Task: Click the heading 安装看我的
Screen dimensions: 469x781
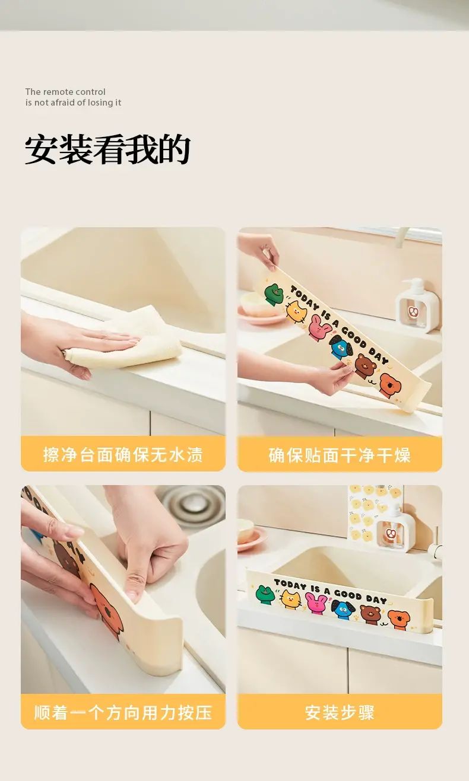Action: [x=107, y=150]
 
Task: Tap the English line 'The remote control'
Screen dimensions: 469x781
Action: [x=65, y=92]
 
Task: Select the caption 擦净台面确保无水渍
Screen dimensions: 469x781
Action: [x=123, y=455]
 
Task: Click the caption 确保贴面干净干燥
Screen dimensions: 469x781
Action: [x=340, y=455]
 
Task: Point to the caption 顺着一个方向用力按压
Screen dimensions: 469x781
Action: [x=123, y=712]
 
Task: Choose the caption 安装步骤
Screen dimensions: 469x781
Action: [x=340, y=712]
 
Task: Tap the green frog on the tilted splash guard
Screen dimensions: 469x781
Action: [x=274, y=295]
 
